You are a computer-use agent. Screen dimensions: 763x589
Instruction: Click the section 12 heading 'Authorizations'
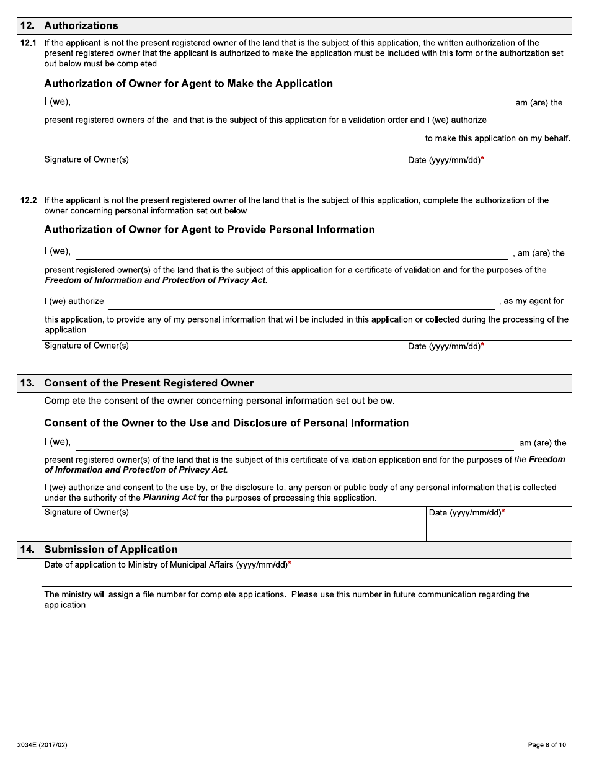(x=81, y=25)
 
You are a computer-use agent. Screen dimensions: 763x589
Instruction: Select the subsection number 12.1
(x=29, y=43)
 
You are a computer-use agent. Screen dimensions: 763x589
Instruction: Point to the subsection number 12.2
(x=29, y=200)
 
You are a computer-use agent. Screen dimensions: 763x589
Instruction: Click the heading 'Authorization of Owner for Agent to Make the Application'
(x=188, y=84)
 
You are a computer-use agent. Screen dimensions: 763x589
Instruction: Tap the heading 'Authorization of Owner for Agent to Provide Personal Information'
(x=209, y=230)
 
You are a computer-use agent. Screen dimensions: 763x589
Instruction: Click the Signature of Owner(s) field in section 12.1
(x=223, y=175)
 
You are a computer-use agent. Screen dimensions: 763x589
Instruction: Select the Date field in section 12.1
(x=487, y=175)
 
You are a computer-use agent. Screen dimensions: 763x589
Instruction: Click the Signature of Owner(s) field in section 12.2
(x=223, y=361)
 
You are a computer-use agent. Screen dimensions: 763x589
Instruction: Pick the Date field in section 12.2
(x=487, y=361)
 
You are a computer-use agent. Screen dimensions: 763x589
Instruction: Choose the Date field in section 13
(x=498, y=527)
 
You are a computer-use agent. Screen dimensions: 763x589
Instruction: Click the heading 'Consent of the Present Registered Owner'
(x=149, y=383)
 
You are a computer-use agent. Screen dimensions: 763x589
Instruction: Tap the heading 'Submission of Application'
(x=111, y=550)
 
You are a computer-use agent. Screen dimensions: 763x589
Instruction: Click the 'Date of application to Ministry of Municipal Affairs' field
(x=306, y=576)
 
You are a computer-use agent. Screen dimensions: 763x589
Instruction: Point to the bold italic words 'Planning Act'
(x=169, y=498)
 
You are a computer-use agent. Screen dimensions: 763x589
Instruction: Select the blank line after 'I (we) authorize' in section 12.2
(x=301, y=302)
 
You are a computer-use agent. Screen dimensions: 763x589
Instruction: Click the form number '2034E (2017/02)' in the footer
(x=42, y=745)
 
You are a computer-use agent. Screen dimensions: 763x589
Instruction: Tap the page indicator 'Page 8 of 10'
(x=547, y=745)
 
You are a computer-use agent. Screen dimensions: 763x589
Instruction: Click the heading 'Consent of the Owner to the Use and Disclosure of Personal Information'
(x=226, y=423)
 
